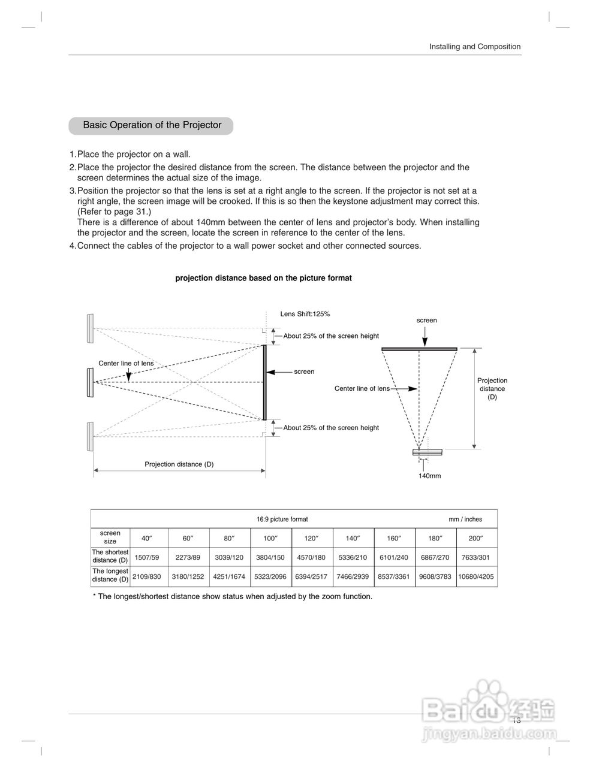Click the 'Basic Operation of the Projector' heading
(152, 125)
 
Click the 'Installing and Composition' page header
(475, 47)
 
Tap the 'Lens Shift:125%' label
(305, 314)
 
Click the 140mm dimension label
(429, 476)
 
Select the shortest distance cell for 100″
(270, 557)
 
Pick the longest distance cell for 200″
(476, 576)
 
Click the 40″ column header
(146, 538)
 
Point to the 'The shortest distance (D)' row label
(110, 556)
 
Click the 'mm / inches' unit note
(465, 520)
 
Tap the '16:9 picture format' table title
(282, 520)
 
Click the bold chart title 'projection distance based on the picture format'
(263, 278)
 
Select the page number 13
(516, 720)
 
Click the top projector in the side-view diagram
(90, 328)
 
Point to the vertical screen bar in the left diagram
(264, 382)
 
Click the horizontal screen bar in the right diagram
(419, 349)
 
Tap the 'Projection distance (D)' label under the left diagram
(179, 464)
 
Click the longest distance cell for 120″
(311, 576)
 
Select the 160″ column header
(394, 538)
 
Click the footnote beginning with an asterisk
(233, 596)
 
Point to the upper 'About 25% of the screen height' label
(331, 336)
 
